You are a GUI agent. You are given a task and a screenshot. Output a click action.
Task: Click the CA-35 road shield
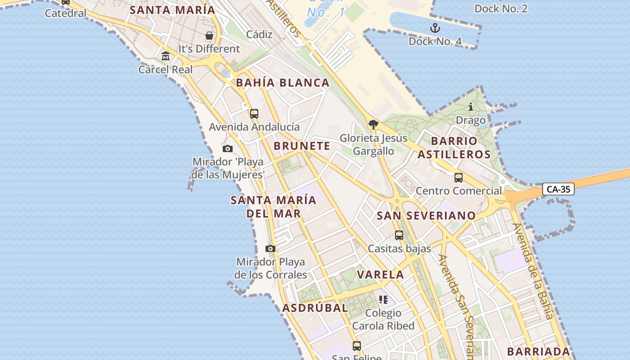pos(558,189)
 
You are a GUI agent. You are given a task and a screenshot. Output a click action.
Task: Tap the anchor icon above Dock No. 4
pos(435,28)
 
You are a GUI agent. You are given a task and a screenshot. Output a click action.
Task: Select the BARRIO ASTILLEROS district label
pos(454,148)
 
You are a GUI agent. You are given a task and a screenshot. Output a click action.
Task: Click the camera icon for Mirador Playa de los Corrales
pos(270,248)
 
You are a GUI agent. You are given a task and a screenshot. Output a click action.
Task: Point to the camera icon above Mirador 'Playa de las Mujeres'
pos(228,148)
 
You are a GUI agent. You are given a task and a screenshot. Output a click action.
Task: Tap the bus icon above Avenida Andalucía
pos(254,113)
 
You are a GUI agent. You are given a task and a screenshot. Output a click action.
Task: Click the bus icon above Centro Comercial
pos(458,178)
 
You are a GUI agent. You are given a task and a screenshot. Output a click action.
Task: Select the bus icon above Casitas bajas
pos(399,235)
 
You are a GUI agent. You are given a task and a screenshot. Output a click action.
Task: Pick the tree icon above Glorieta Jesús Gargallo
pos(373,125)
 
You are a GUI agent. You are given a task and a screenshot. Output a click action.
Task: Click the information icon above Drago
pos(471,107)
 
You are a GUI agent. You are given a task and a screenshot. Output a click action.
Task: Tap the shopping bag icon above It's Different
pos(209,35)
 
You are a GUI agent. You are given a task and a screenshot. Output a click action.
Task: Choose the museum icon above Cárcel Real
pos(166,56)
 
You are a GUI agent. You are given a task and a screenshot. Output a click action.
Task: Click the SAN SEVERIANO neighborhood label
pos(426,216)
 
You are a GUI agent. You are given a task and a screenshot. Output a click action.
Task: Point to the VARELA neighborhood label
pos(380,274)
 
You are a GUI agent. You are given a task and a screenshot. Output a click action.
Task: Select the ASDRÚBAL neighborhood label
pos(315,308)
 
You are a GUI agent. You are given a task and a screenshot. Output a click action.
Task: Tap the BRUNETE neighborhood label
pos(302,146)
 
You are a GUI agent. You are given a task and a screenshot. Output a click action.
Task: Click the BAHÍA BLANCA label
pos(283,83)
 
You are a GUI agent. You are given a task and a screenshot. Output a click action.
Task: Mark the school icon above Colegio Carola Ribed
pos(383,299)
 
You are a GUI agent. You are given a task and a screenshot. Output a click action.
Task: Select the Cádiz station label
pos(259,34)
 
